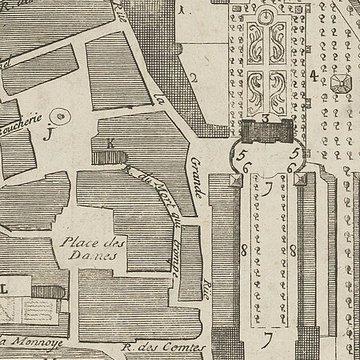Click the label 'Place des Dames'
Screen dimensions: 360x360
coord(87,248)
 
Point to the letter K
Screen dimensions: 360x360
coord(110,142)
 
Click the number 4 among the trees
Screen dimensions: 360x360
coord(313,75)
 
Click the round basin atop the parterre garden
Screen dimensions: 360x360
coord(265,17)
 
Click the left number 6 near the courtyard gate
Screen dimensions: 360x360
coord(243,167)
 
